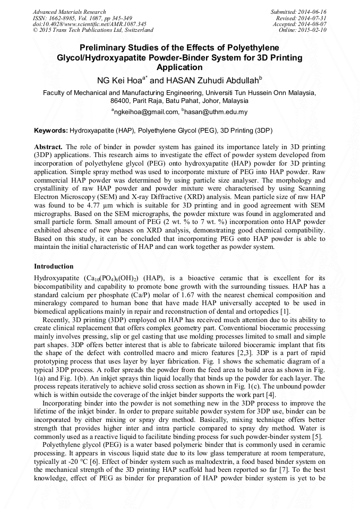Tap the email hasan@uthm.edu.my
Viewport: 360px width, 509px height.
tap(216, 112)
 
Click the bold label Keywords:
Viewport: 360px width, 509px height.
tap(51, 130)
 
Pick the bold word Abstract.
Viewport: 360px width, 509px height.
tap(49, 146)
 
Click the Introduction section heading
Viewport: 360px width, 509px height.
tap(54, 266)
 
